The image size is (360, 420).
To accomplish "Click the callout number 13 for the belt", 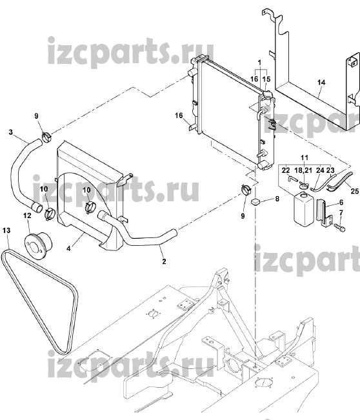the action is (x=6, y=230).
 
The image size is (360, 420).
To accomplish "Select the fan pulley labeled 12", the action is (x=38, y=241).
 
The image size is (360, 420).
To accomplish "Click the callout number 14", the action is (x=321, y=82).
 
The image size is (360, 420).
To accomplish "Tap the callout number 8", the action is (x=277, y=199).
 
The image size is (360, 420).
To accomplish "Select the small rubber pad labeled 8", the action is (x=256, y=201).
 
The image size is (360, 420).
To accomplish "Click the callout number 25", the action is (x=355, y=191).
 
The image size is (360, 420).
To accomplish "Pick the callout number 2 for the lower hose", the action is (x=164, y=261).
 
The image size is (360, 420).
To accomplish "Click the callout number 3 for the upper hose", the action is (x=11, y=132).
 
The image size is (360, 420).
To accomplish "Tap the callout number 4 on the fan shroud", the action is (x=68, y=248).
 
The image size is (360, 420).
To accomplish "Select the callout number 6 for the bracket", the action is (x=341, y=202).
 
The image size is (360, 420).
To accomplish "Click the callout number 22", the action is (x=286, y=170).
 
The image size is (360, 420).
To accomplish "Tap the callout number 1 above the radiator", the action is (x=259, y=63).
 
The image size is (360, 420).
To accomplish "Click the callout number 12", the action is (x=27, y=215).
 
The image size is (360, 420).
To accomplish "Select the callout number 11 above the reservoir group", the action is (x=305, y=157).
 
